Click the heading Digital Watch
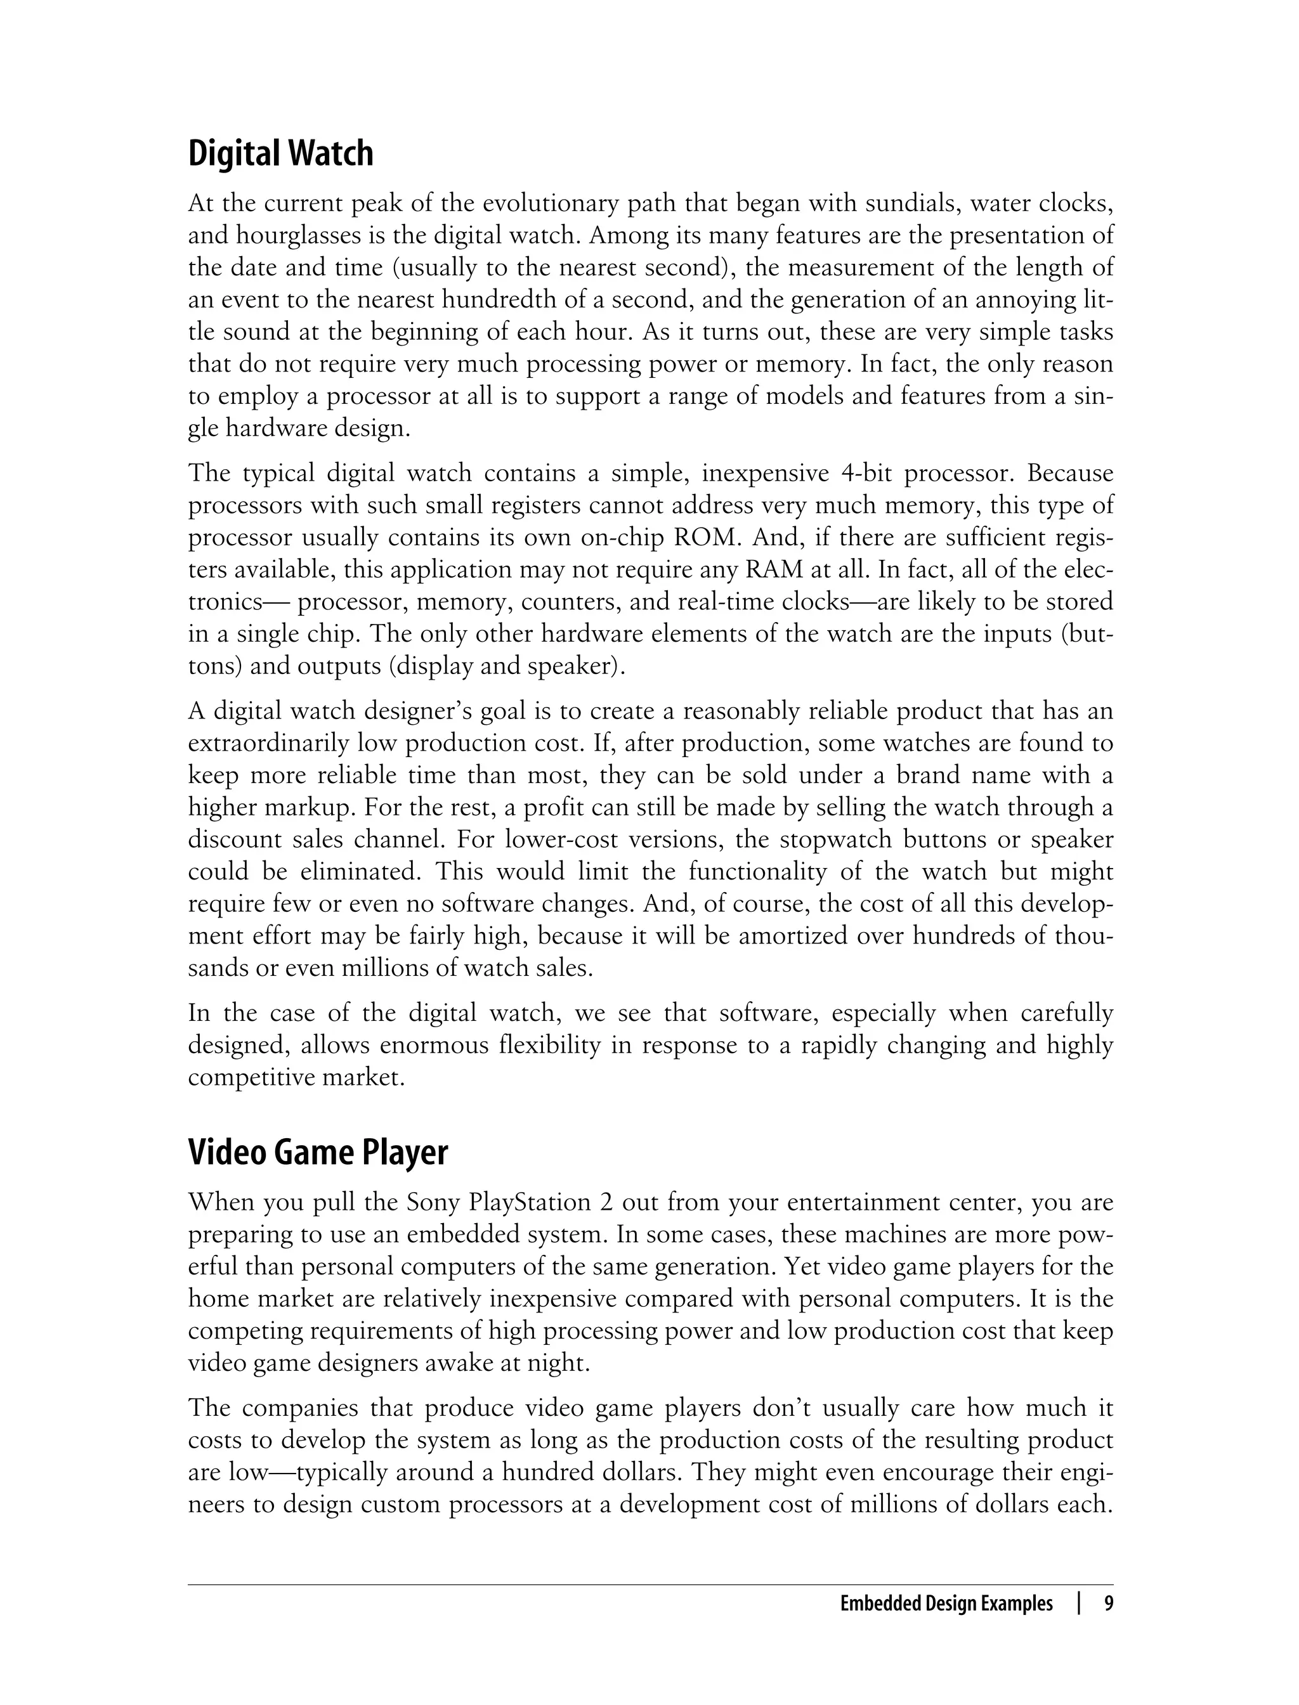click(x=281, y=154)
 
